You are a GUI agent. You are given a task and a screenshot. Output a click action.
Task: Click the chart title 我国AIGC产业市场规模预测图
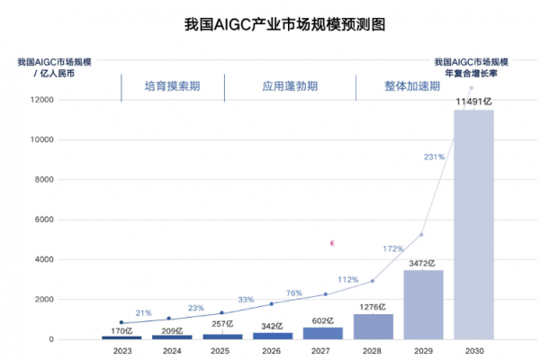pyautogui.click(x=270, y=24)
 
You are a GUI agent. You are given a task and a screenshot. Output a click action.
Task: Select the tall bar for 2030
pyautogui.click(x=473, y=225)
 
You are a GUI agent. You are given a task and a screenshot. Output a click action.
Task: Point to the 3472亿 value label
pyautogui.click(x=422, y=263)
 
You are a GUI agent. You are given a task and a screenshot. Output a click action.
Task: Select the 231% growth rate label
pyautogui.click(x=434, y=157)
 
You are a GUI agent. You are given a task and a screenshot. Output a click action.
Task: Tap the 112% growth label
pyautogui.click(x=348, y=279)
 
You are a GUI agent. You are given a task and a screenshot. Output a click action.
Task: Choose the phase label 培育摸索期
pyautogui.click(x=173, y=87)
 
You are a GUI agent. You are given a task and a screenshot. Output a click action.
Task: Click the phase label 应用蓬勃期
pyautogui.click(x=290, y=87)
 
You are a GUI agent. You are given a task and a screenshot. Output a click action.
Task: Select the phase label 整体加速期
pyautogui.click(x=412, y=87)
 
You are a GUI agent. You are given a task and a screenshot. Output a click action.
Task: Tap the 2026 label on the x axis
pyautogui.click(x=272, y=351)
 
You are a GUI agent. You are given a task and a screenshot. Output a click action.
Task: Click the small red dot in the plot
pyautogui.click(x=332, y=243)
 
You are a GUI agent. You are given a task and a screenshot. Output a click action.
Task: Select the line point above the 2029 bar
pyautogui.click(x=421, y=235)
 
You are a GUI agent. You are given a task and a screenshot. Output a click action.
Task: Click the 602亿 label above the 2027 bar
pyautogui.click(x=322, y=319)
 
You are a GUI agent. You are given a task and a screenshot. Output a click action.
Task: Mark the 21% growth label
pyautogui.click(x=143, y=312)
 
